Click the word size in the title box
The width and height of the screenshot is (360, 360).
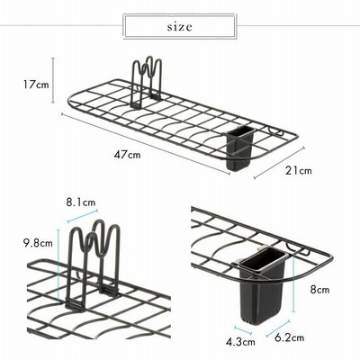coord(179,27)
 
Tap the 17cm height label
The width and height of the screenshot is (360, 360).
coord(36,85)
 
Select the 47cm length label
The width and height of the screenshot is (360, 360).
coord(127,155)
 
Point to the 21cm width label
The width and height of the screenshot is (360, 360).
coord(298,171)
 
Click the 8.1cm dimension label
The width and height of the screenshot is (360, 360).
coord(81,202)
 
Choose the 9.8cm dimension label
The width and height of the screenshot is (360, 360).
coord(38,243)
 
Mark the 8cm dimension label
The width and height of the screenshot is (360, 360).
coord(319,290)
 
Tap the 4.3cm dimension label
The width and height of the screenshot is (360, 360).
coord(240,342)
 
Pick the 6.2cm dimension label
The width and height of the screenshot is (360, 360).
coord(289,337)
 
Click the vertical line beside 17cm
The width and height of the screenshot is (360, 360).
coord(53,80)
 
